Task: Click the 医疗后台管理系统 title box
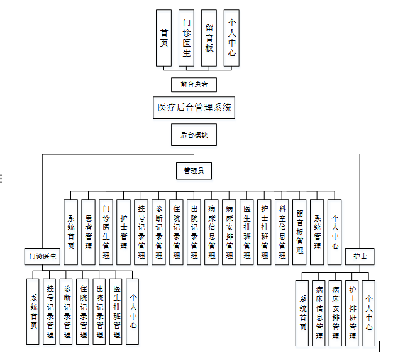[x=194, y=108]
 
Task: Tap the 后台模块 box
[x=194, y=135]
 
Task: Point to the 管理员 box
[x=194, y=170]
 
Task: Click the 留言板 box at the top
[x=209, y=38]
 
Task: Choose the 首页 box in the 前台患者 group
[x=163, y=38]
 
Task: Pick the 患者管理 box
[x=88, y=231]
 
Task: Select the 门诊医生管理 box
[x=106, y=231]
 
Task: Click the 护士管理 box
[x=124, y=231]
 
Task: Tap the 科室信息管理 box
[x=282, y=231]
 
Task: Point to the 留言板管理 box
[x=300, y=231]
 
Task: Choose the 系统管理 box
[x=318, y=231]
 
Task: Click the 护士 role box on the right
[x=360, y=256]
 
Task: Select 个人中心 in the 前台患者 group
[x=232, y=38]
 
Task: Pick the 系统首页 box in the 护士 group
[x=303, y=313]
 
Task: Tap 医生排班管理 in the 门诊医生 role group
[x=116, y=312]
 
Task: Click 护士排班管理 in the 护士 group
[x=352, y=313]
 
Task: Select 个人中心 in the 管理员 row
[x=335, y=231]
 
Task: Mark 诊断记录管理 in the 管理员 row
[x=159, y=231]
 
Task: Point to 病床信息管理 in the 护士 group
[x=319, y=313]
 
